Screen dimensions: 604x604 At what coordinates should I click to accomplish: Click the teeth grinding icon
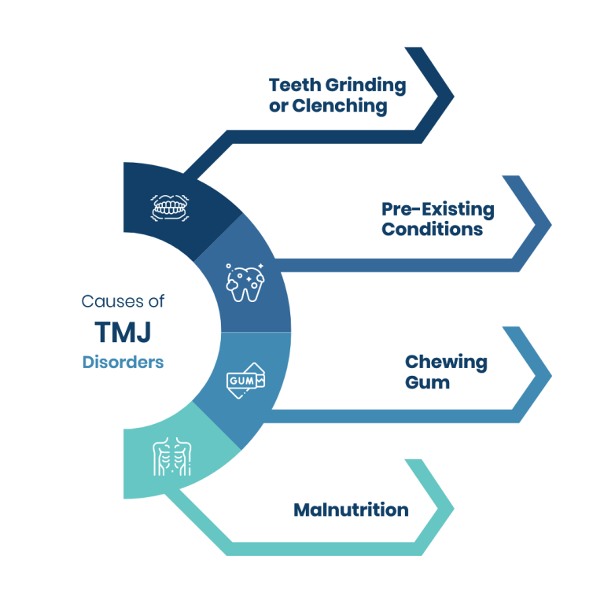(169, 208)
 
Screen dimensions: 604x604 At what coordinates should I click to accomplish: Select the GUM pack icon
(246, 381)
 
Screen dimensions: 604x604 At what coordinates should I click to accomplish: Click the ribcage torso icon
(171, 457)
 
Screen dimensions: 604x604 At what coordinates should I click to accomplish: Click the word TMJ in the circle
(122, 333)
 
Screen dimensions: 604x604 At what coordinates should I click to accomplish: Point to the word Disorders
(123, 363)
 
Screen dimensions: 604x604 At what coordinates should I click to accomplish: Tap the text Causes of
(123, 301)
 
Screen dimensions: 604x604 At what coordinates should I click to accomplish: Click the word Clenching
(339, 107)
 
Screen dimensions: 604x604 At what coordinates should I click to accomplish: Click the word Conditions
(432, 230)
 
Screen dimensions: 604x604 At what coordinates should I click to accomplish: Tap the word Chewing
(446, 363)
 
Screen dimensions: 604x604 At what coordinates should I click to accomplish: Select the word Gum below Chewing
(427, 383)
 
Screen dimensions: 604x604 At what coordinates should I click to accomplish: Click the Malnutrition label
(351, 510)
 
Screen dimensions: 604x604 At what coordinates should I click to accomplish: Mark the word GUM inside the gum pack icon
(239, 381)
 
